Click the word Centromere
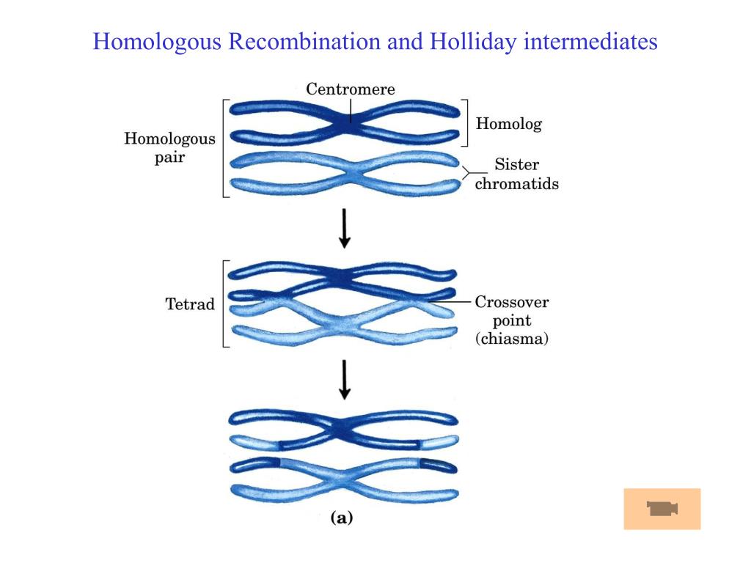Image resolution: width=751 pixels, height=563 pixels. pyautogui.click(x=350, y=89)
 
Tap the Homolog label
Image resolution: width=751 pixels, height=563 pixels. pyautogui.click(x=508, y=124)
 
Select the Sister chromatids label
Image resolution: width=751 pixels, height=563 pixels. pyautogui.click(x=516, y=174)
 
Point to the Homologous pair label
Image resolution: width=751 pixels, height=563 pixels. pyautogui.click(x=169, y=148)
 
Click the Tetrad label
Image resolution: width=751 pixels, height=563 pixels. pyautogui.click(x=190, y=304)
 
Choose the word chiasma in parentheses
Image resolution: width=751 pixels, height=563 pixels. pyautogui.click(x=512, y=339)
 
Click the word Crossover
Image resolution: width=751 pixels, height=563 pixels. pyautogui.click(x=512, y=302)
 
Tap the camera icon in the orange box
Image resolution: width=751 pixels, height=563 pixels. pyautogui.click(x=662, y=509)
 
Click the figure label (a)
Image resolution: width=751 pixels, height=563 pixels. pyautogui.click(x=342, y=518)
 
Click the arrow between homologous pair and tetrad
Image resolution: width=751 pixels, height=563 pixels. pyautogui.click(x=345, y=229)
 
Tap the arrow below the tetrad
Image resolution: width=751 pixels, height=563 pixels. pyautogui.click(x=345, y=379)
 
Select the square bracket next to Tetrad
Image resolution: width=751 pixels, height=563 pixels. pyautogui.click(x=223, y=303)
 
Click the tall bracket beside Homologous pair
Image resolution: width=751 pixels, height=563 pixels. pyautogui.click(x=223, y=148)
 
